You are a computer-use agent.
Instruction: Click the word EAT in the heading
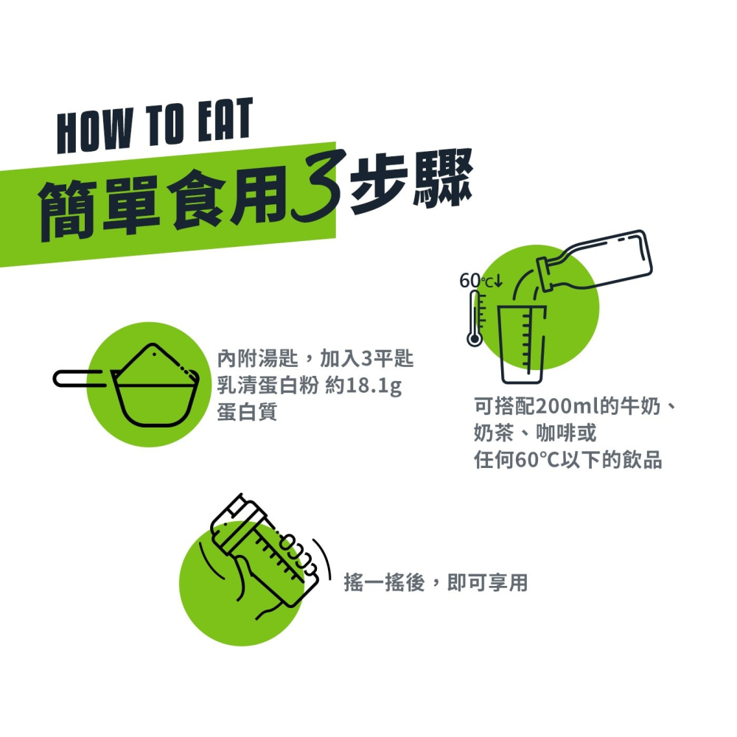225,120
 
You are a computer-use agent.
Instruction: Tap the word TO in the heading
164,125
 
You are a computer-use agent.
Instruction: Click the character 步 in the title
378,185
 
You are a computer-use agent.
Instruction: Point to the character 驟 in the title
441,178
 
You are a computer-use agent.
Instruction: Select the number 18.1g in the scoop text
374,385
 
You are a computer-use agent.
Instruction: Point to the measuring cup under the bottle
522,344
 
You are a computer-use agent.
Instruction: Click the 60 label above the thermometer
470,281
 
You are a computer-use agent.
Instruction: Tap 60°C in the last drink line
537,460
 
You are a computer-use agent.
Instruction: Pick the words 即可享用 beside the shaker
487,583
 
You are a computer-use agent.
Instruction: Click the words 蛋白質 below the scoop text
247,412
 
